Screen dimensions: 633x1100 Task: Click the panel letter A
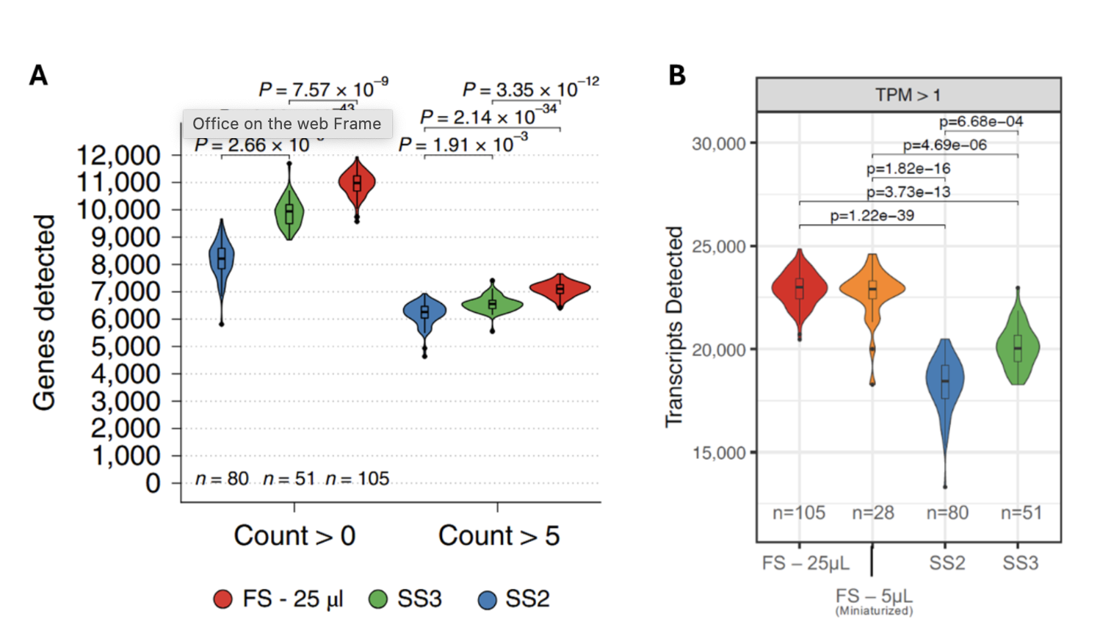[38, 75]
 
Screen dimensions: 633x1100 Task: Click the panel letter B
[676, 75]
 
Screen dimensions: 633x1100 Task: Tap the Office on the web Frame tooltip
[287, 123]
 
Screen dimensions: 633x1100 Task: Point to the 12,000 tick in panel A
[118, 156]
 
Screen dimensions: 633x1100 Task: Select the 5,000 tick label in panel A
[125, 347]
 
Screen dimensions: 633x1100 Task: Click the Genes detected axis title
[44, 313]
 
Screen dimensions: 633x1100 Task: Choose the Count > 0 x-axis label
[294, 536]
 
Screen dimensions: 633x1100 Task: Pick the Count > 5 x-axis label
[499, 536]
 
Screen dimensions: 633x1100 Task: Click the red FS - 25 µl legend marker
[223, 599]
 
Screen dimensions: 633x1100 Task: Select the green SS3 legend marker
[377, 599]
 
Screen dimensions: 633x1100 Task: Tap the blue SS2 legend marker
[487, 599]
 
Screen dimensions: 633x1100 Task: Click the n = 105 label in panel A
[357, 479]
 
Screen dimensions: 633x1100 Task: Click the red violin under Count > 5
[560, 289]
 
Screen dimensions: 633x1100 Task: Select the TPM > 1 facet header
[908, 95]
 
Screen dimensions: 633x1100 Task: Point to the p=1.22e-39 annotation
[872, 216]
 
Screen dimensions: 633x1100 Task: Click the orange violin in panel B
[872, 289]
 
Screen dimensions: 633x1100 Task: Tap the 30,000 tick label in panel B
[718, 144]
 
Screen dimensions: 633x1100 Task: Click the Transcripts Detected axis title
[673, 326]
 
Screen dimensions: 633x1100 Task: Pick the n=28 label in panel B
[872, 513]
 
